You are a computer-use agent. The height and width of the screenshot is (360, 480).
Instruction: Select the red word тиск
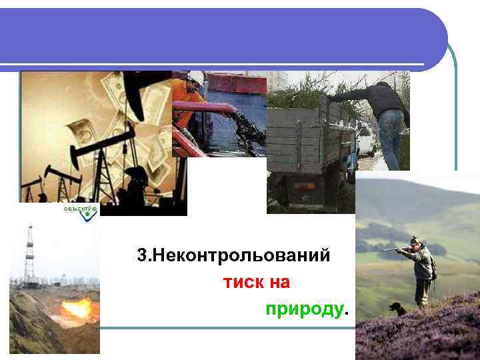pyautogui.click(x=243, y=283)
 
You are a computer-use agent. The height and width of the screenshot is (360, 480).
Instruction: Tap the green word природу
pyautogui.click(x=305, y=309)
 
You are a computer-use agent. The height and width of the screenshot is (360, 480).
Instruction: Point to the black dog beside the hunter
pyautogui.click(x=398, y=309)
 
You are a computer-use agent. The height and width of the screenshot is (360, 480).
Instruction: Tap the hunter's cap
pyautogui.click(x=415, y=241)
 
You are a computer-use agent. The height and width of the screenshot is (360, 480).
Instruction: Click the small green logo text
pyautogui.click(x=80, y=209)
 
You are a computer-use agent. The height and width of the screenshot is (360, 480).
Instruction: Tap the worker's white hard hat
pyautogui.click(x=195, y=78)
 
